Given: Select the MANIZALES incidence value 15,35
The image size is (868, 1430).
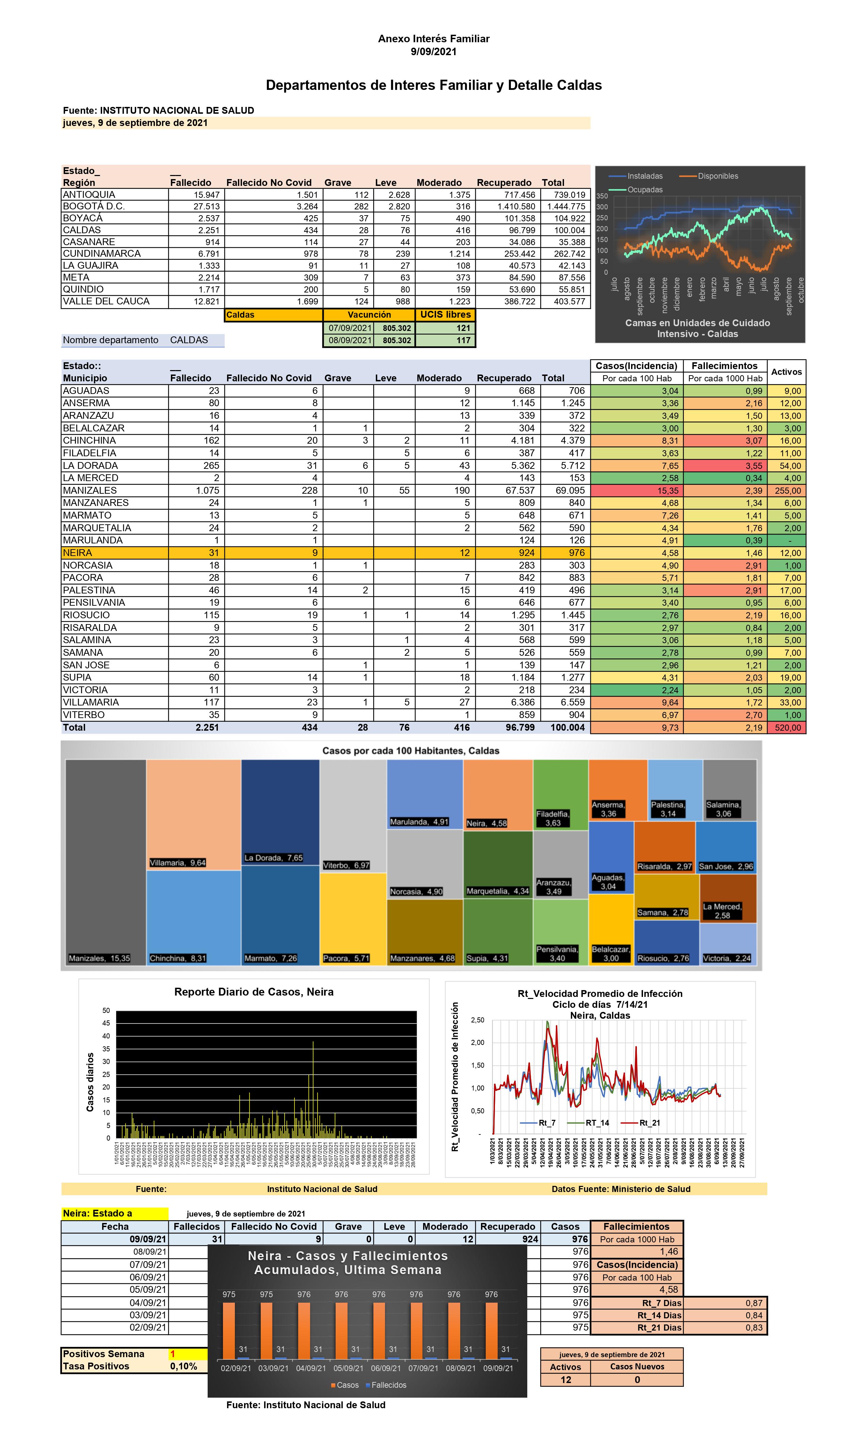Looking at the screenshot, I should tap(670, 490).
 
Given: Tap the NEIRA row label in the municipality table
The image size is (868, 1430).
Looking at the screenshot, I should tap(78, 553).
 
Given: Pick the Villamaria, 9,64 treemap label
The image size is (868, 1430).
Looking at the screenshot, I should tap(178, 862).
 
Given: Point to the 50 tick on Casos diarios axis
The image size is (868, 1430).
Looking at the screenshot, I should tap(106, 1011).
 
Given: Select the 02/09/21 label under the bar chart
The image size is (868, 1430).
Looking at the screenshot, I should tap(236, 1368).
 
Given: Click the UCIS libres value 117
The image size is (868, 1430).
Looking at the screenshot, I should tap(463, 340).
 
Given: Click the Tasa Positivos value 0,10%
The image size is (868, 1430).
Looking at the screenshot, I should tap(183, 1366).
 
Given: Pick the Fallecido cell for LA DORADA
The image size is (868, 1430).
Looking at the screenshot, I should tap(211, 465).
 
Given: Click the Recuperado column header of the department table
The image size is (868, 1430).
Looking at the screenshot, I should tap(504, 183).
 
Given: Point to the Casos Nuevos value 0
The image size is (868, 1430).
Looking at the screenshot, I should tap(637, 1380).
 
